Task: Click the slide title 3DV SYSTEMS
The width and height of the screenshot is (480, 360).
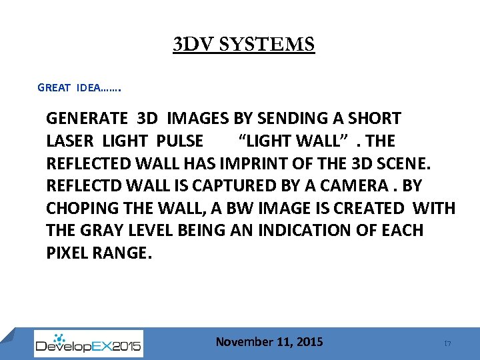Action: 243,45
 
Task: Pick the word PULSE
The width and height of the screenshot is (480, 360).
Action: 180,141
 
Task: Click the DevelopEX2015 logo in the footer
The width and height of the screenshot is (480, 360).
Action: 88,343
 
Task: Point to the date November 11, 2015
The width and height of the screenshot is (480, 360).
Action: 269,342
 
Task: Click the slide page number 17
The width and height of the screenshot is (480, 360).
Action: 448,343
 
